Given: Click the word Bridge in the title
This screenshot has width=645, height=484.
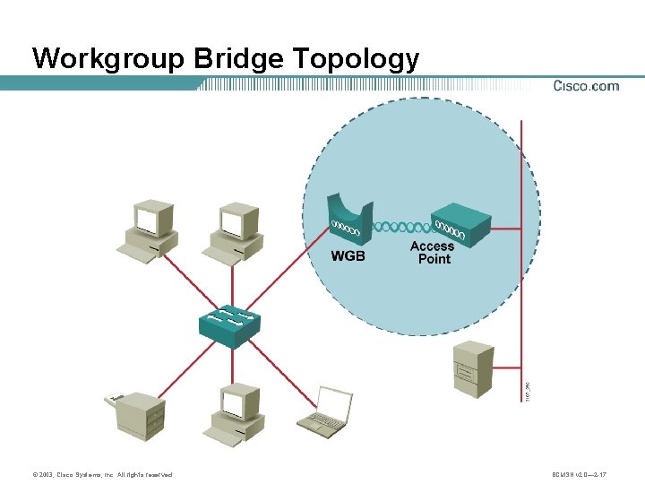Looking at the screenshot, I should click(237, 59).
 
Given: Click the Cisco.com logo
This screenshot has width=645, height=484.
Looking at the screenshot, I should click(586, 86).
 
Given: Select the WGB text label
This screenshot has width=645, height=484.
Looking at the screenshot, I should click(348, 256).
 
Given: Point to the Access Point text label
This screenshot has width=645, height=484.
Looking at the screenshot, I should click(434, 253).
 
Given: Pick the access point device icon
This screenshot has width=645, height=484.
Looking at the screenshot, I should click(461, 227).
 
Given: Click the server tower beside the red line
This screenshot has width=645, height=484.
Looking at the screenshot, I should click(474, 368).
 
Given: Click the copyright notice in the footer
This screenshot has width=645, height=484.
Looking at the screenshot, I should click(102, 474).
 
